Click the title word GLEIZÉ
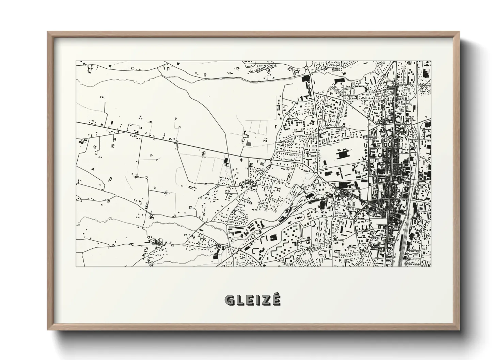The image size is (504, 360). (x=252, y=300)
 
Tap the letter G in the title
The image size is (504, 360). (x=230, y=300)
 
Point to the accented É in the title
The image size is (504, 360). (x=276, y=299)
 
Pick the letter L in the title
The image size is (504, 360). (x=239, y=300)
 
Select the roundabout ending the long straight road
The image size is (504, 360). (x=271, y=159)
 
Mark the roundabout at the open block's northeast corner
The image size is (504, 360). (x=368, y=118)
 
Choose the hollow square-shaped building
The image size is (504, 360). (x=278, y=189)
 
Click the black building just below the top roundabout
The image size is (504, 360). (x=305, y=79)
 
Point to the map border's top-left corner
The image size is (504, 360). (x=76, y=61)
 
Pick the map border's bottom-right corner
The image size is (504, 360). (x=431, y=266)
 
